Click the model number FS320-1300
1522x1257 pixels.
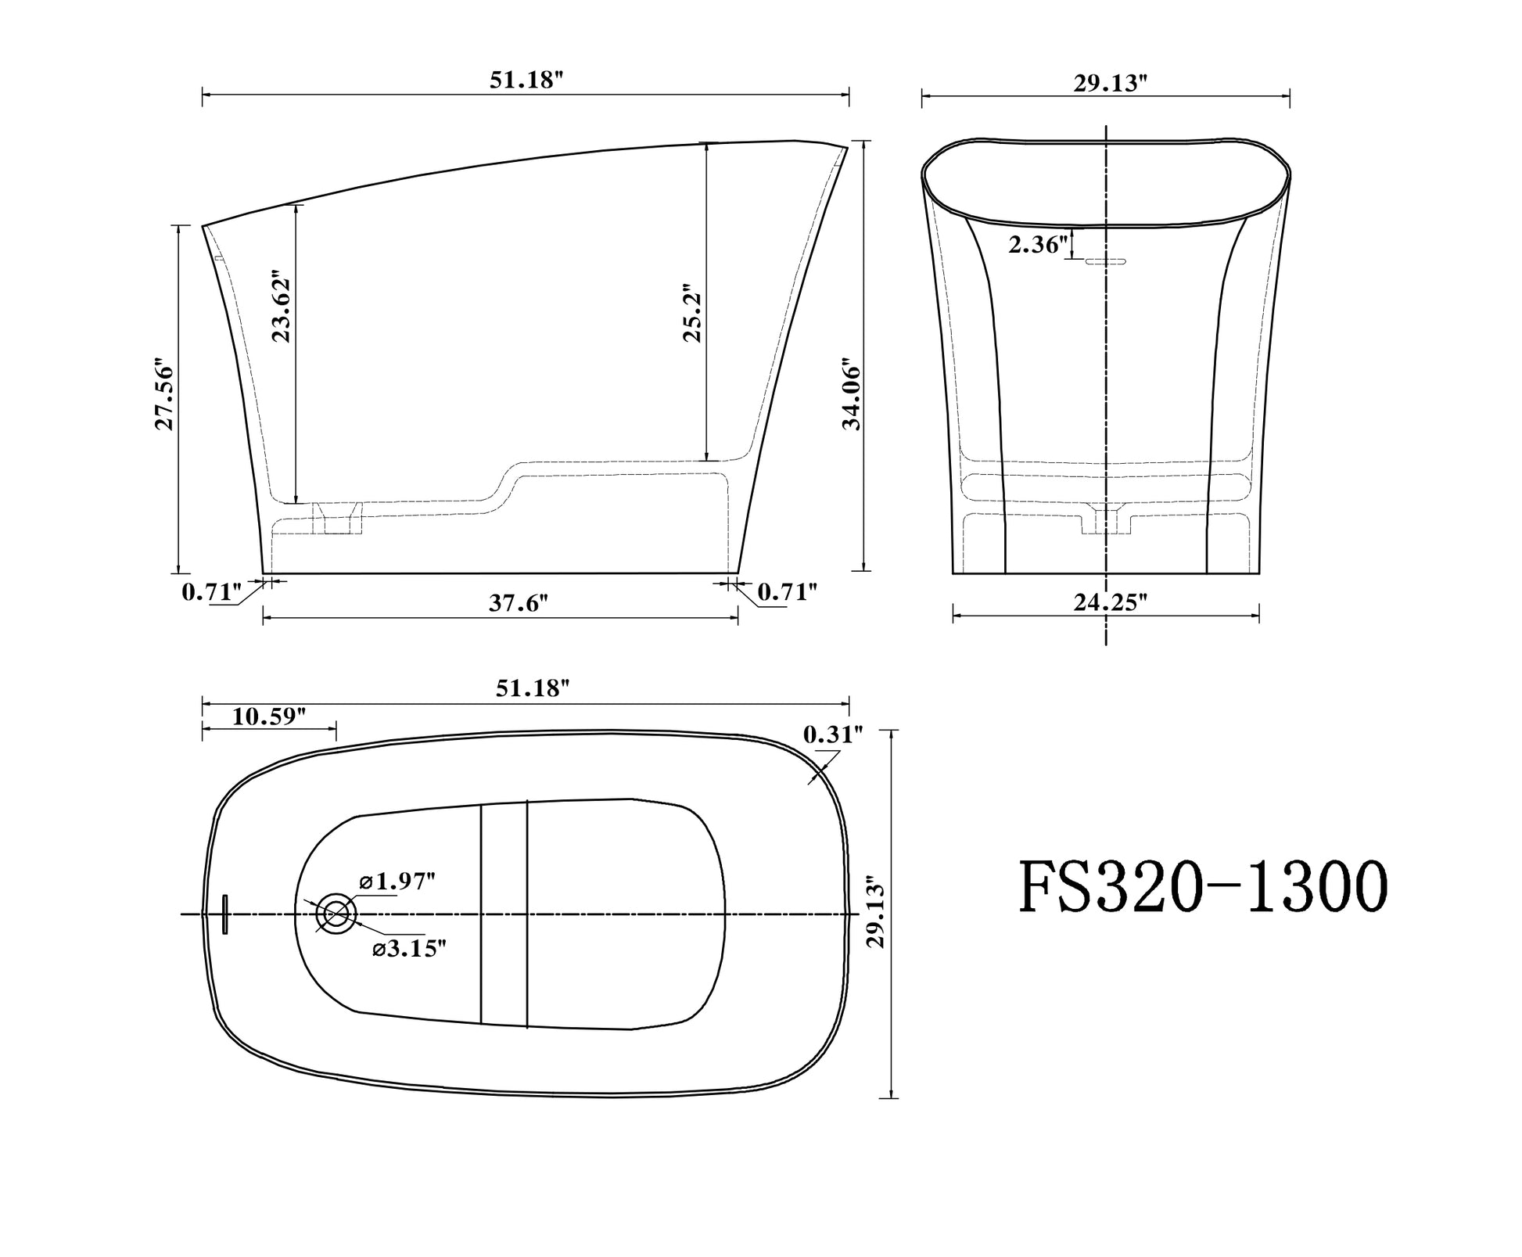(x=1202, y=889)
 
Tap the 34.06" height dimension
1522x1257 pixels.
(x=852, y=396)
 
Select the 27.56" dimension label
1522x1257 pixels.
(x=163, y=396)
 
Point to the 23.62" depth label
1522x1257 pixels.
(x=281, y=307)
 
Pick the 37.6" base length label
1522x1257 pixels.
(x=519, y=603)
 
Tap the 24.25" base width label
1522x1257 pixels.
(x=1110, y=602)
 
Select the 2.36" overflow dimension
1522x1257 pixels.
(x=1039, y=246)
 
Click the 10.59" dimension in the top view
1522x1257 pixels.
(x=268, y=716)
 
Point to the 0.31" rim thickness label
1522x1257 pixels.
(x=833, y=734)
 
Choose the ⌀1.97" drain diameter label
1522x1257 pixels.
(x=397, y=882)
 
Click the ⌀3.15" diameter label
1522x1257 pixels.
(x=409, y=948)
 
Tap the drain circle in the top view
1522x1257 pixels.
(x=336, y=913)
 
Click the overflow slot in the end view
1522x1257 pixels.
(x=1105, y=262)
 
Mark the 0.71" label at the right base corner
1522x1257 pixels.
(x=788, y=592)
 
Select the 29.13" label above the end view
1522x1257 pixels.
(x=1110, y=83)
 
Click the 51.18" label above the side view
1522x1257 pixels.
(x=526, y=80)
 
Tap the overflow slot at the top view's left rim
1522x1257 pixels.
(x=225, y=914)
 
